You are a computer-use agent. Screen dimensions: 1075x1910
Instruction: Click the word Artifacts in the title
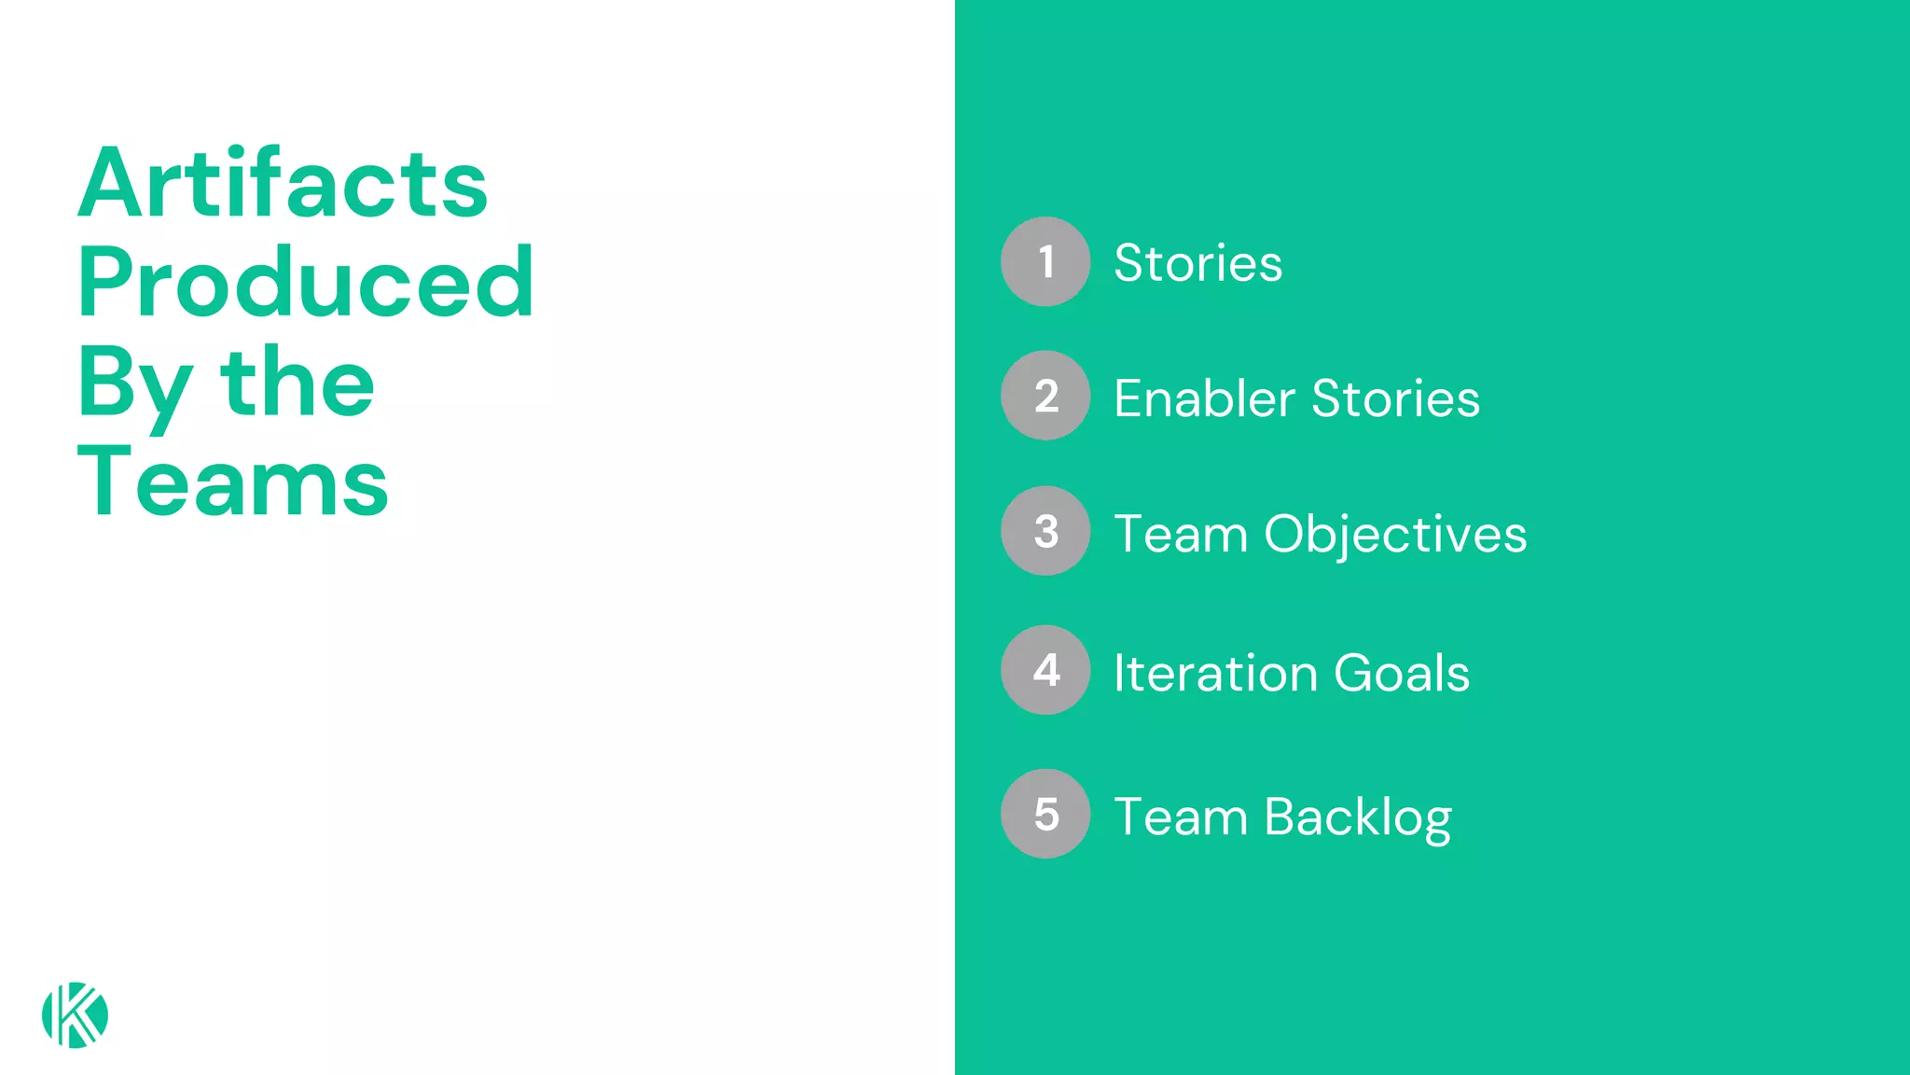click(283, 184)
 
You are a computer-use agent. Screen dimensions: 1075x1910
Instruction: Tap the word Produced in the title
click(306, 283)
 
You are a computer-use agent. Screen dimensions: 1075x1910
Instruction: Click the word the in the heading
click(298, 383)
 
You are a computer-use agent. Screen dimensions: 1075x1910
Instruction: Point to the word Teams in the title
click(233, 482)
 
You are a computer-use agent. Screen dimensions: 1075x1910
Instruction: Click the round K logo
click(75, 1014)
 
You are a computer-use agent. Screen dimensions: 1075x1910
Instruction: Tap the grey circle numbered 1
click(1045, 261)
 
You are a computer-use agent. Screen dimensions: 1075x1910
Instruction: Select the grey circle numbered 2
click(1045, 396)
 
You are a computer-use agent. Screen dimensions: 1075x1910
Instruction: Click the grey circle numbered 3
click(1045, 531)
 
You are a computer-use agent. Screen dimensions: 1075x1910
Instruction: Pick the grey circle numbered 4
click(1045, 670)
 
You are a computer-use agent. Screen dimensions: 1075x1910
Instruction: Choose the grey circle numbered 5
click(1045, 814)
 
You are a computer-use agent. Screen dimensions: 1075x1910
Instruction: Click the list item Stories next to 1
click(1198, 263)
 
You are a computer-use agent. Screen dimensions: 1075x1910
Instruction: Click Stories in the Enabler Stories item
click(1396, 399)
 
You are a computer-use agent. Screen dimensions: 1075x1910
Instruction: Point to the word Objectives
click(1395, 536)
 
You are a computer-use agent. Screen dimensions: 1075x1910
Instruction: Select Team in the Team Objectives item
click(1181, 536)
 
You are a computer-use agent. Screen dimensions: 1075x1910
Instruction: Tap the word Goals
click(1402, 674)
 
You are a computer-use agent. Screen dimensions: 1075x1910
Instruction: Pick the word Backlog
click(1358, 818)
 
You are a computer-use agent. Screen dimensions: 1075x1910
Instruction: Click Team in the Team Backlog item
click(1181, 818)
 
